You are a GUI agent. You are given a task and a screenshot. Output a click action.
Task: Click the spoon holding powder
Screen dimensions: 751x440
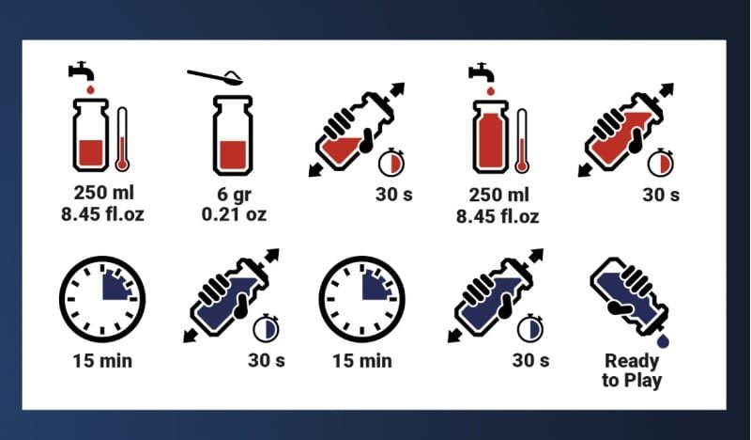tap(216, 78)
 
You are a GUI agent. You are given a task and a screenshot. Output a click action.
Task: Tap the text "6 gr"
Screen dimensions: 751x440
tap(234, 195)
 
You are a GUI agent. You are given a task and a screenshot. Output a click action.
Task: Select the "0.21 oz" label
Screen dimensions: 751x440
tap(234, 214)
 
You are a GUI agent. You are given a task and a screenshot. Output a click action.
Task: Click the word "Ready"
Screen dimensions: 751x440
tap(632, 361)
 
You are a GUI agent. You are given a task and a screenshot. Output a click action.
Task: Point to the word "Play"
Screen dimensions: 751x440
tap(643, 381)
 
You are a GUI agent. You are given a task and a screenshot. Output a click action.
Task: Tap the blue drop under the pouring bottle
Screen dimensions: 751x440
tap(663, 340)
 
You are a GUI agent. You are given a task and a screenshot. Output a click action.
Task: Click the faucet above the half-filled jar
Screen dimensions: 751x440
tap(82, 71)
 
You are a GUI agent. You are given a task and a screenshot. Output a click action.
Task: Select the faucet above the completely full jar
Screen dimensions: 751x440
tap(482, 72)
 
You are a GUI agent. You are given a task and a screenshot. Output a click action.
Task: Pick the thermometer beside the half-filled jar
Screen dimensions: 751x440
tap(122, 139)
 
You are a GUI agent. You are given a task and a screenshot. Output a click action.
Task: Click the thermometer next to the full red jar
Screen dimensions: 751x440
tap(522, 141)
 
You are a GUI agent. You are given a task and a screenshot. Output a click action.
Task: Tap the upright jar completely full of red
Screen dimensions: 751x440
tap(490, 136)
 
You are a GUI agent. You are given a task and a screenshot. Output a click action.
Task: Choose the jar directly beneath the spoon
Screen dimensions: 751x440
tap(233, 135)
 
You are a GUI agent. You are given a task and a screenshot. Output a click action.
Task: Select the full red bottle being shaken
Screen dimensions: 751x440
tap(623, 131)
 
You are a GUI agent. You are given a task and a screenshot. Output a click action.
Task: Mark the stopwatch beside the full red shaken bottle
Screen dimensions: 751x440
tap(661, 163)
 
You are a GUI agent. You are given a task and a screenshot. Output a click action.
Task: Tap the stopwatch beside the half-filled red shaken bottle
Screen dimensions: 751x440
tap(391, 163)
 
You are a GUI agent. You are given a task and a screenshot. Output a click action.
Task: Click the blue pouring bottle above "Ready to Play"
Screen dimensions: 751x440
tap(629, 296)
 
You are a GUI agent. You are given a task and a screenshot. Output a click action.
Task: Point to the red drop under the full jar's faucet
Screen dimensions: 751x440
tap(490, 91)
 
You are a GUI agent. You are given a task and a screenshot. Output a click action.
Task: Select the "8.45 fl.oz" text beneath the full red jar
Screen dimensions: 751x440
tap(498, 216)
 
